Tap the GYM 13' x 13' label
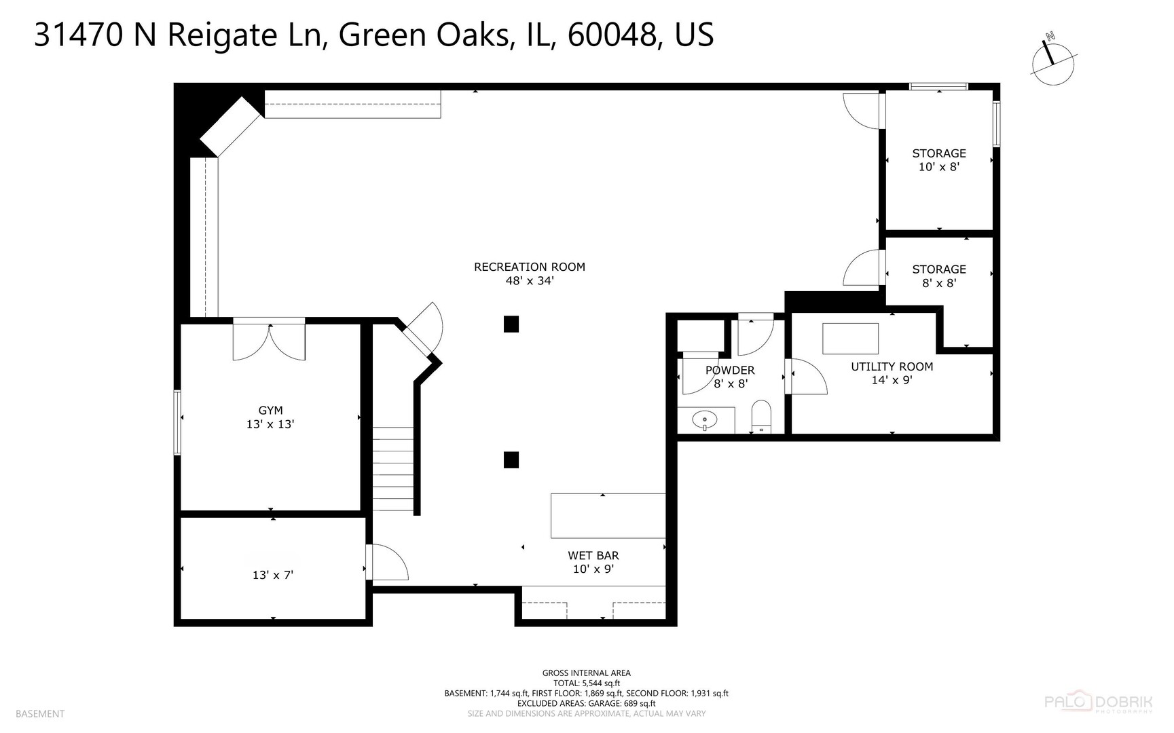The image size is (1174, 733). pos(270,417)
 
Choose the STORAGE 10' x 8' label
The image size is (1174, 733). pos(938,159)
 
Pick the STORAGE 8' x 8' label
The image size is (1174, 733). pos(938,276)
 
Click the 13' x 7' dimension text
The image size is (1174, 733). pos(273,575)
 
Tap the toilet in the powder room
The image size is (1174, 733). pos(762,416)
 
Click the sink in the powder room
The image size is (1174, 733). pos(705,420)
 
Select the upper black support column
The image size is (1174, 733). pos(511,324)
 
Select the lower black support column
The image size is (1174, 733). pos(511,460)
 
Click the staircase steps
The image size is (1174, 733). pos(392,468)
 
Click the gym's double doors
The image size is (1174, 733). pos(269,341)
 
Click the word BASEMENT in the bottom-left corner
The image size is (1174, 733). pos(40,713)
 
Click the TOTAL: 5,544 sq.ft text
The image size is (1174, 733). pos(586,683)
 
